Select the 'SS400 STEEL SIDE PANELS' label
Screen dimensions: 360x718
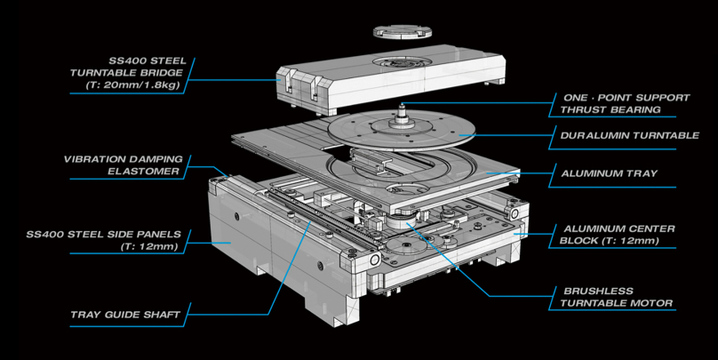(x=104, y=235)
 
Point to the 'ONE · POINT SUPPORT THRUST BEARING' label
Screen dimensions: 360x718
(x=612, y=103)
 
